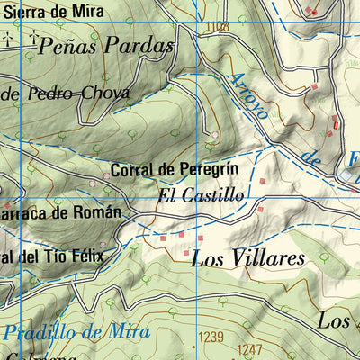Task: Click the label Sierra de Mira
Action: (51, 12)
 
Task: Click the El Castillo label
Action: (200, 194)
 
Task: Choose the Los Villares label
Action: (248, 259)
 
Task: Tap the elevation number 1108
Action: (216, 28)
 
